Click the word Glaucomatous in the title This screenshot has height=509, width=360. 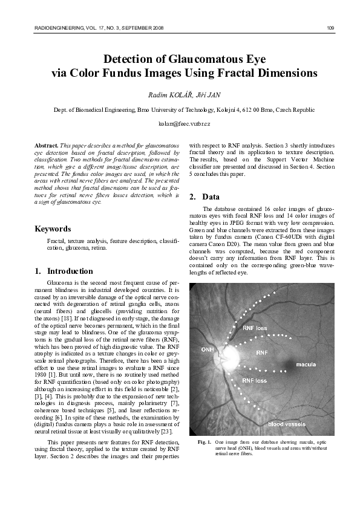click(202, 59)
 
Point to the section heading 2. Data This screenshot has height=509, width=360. click(203, 197)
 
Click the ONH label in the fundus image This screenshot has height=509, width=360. click(207, 350)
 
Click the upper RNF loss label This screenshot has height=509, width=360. click(255, 328)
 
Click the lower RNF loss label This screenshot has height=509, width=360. click(254, 381)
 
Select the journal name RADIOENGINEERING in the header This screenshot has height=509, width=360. click(55, 28)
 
